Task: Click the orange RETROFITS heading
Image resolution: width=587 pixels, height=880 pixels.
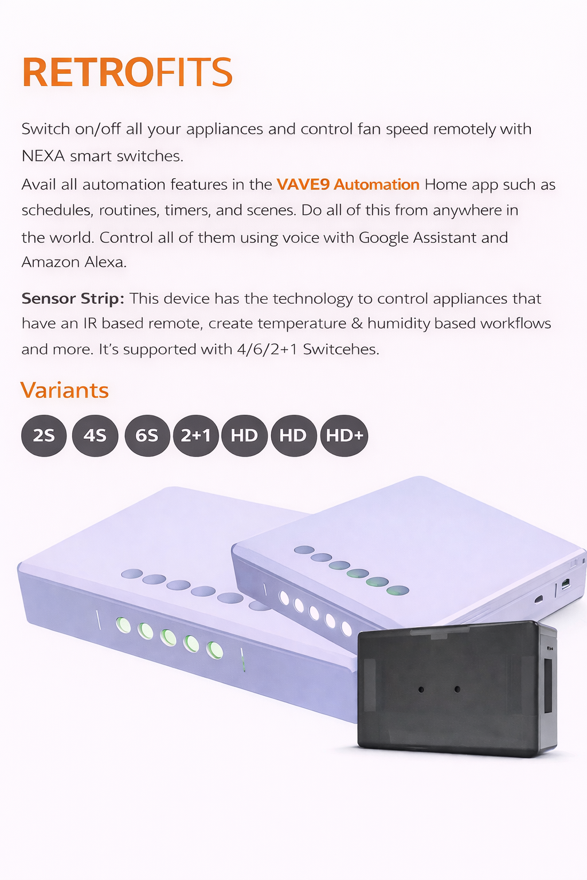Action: click(127, 72)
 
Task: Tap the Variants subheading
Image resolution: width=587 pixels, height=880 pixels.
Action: click(64, 390)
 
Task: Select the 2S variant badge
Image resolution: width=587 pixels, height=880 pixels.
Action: click(44, 435)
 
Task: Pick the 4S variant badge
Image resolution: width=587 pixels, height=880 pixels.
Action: click(95, 435)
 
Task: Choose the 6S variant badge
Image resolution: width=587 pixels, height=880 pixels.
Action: click(147, 435)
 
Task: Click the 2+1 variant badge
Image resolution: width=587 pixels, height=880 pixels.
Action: click(196, 435)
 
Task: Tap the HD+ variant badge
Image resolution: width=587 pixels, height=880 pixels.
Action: click(345, 435)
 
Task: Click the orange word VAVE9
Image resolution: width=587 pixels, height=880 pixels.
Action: click(303, 184)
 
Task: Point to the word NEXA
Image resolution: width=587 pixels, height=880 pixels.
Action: click(43, 156)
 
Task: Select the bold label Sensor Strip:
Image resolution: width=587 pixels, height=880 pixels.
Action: click(73, 299)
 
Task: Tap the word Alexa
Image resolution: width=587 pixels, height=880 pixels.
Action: click(108, 262)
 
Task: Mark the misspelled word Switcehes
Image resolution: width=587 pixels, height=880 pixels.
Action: click(341, 349)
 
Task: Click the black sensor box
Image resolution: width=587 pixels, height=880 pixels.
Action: click(457, 689)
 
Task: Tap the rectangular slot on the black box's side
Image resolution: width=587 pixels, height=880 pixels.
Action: click(547, 686)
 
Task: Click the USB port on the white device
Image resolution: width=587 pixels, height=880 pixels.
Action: click(565, 584)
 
